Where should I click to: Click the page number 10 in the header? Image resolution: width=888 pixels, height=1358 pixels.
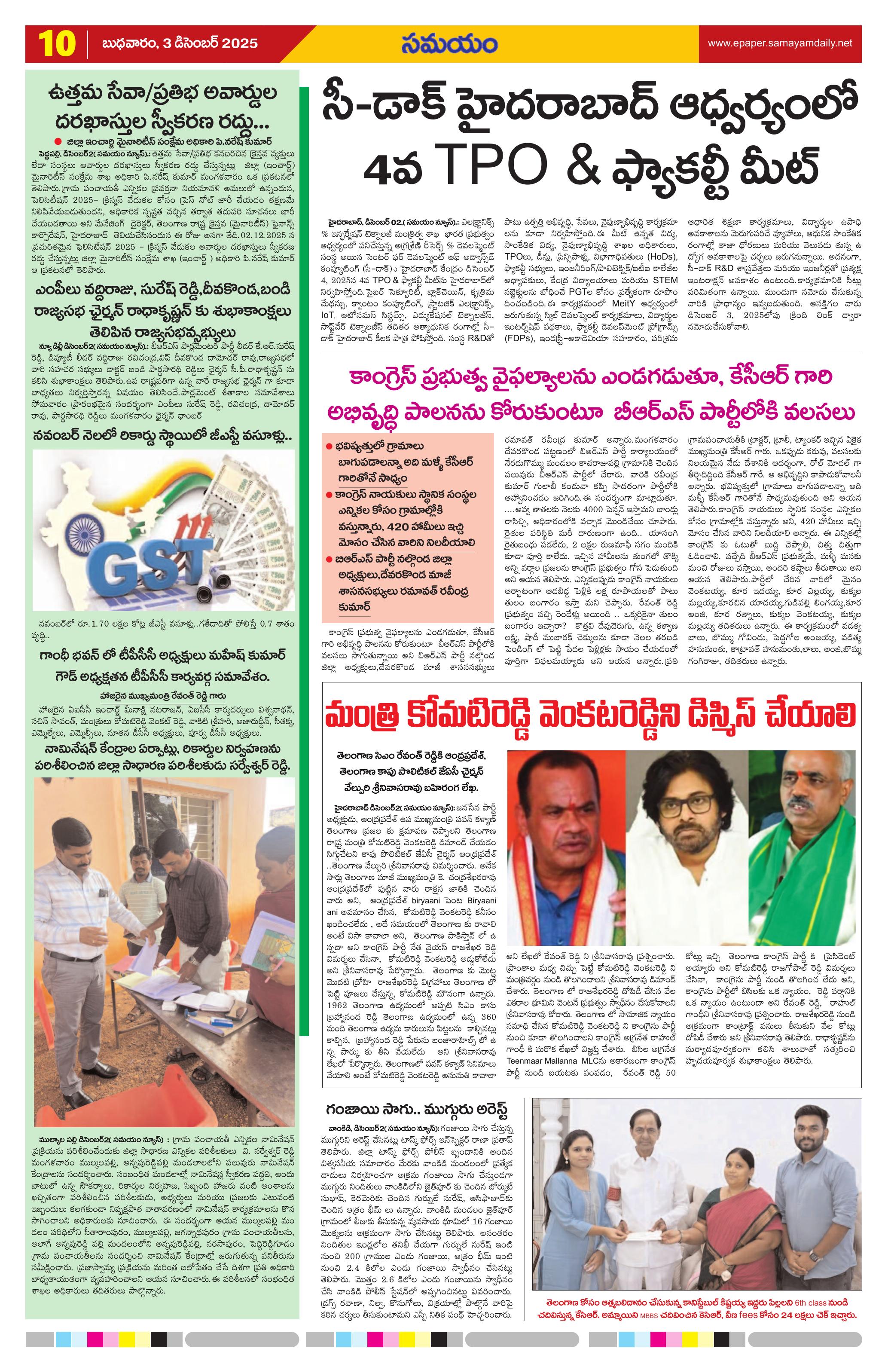click(57, 43)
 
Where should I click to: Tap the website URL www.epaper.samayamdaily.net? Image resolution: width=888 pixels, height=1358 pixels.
click(780, 43)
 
